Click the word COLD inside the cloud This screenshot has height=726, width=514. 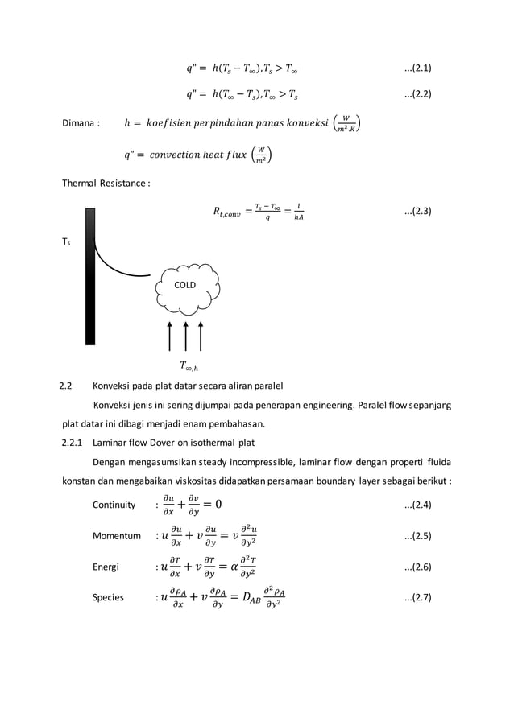click(x=185, y=285)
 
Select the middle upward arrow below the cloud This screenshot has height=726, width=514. click(x=185, y=336)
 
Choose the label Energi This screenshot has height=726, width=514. click(x=106, y=567)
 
